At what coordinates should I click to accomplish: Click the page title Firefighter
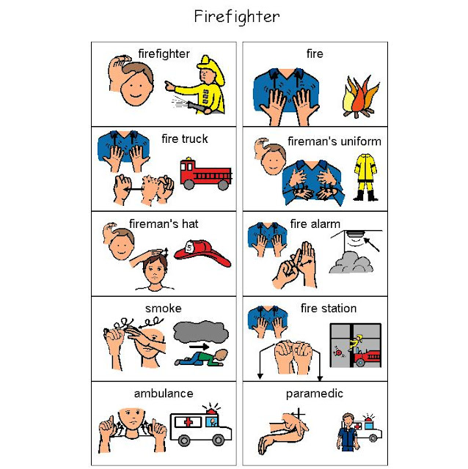click(237, 16)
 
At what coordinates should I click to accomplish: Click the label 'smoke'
click(164, 309)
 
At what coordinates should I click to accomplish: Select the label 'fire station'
click(328, 309)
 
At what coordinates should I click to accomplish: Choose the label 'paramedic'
click(314, 394)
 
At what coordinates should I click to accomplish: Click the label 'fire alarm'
click(319, 224)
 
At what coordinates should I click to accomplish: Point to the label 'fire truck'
click(184, 139)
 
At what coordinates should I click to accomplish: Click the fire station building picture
click(354, 345)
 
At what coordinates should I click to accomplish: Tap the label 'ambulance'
click(164, 394)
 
